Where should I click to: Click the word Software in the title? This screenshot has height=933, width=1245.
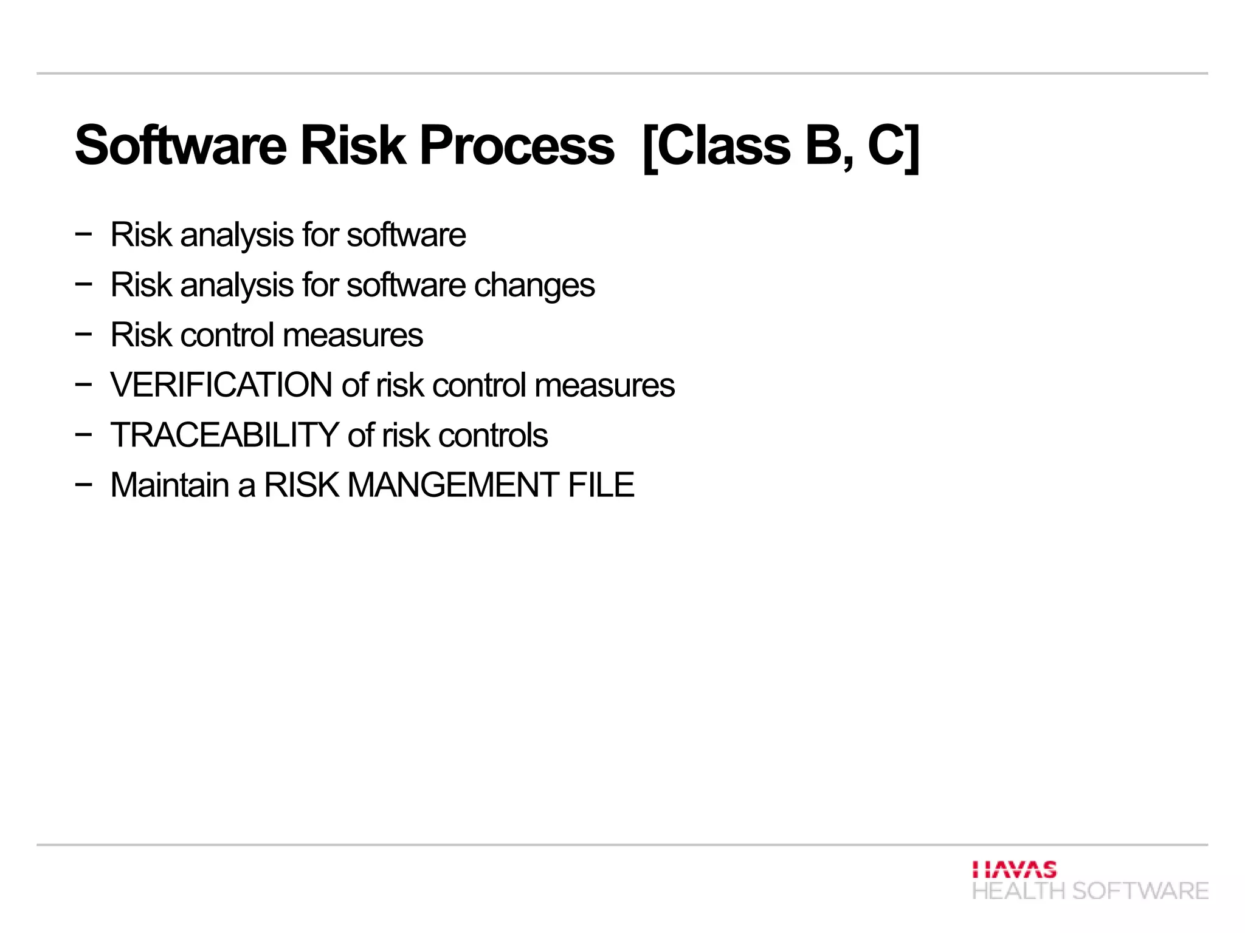(x=181, y=146)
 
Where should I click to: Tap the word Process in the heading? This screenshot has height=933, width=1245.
(x=517, y=146)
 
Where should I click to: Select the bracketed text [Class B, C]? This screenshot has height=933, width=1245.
(x=781, y=146)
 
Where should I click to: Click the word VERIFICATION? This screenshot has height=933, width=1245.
(x=221, y=385)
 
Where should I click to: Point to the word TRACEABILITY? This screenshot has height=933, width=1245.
(x=224, y=435)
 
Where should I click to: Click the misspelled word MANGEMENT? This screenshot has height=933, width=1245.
(x=453, y=485)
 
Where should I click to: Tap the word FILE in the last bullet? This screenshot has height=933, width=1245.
(x=601, y=485)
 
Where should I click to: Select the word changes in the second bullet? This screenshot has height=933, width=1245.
(x=534, y=285)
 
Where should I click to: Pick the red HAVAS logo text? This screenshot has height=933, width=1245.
(x=1014, y=869)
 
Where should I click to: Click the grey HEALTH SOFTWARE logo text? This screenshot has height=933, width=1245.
(x=1090, y=891)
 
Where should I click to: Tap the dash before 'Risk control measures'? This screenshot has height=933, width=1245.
(x=84, y=333)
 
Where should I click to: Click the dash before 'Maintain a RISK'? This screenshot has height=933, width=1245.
(x=84, y=484)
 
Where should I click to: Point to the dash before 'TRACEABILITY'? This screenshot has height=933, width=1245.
(x=84, y=434)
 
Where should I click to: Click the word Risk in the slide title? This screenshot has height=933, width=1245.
(x=353, y=146)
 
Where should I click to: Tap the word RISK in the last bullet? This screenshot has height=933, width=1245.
(x=302, y=485)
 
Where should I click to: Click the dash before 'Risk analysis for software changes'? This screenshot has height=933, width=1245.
(x=84, y=283)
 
